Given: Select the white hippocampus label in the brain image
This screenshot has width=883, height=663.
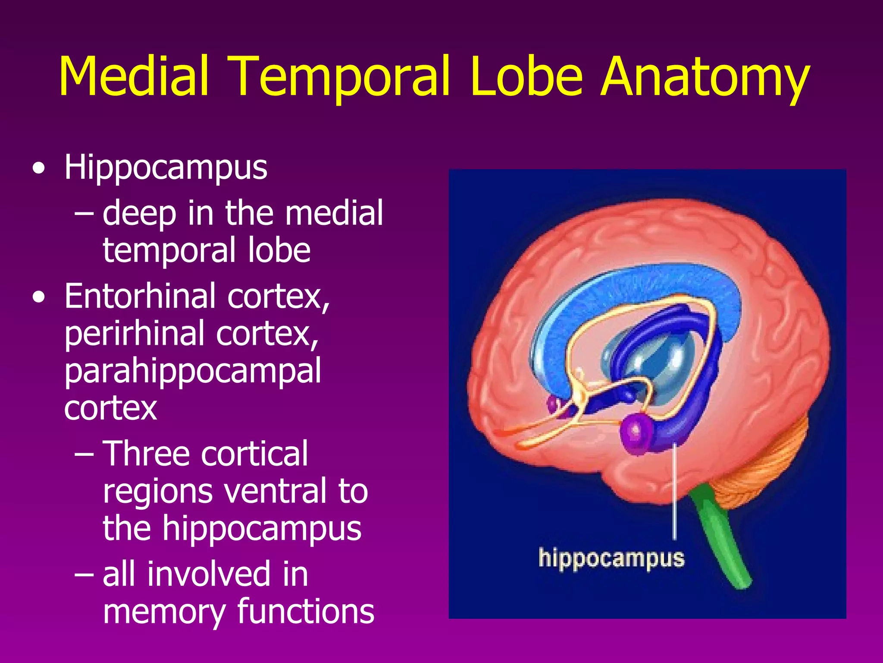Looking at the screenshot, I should (611, 558).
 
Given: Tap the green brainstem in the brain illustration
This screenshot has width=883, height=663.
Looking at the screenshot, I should (724, 540).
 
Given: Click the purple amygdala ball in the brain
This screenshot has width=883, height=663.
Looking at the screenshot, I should (636, 432).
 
